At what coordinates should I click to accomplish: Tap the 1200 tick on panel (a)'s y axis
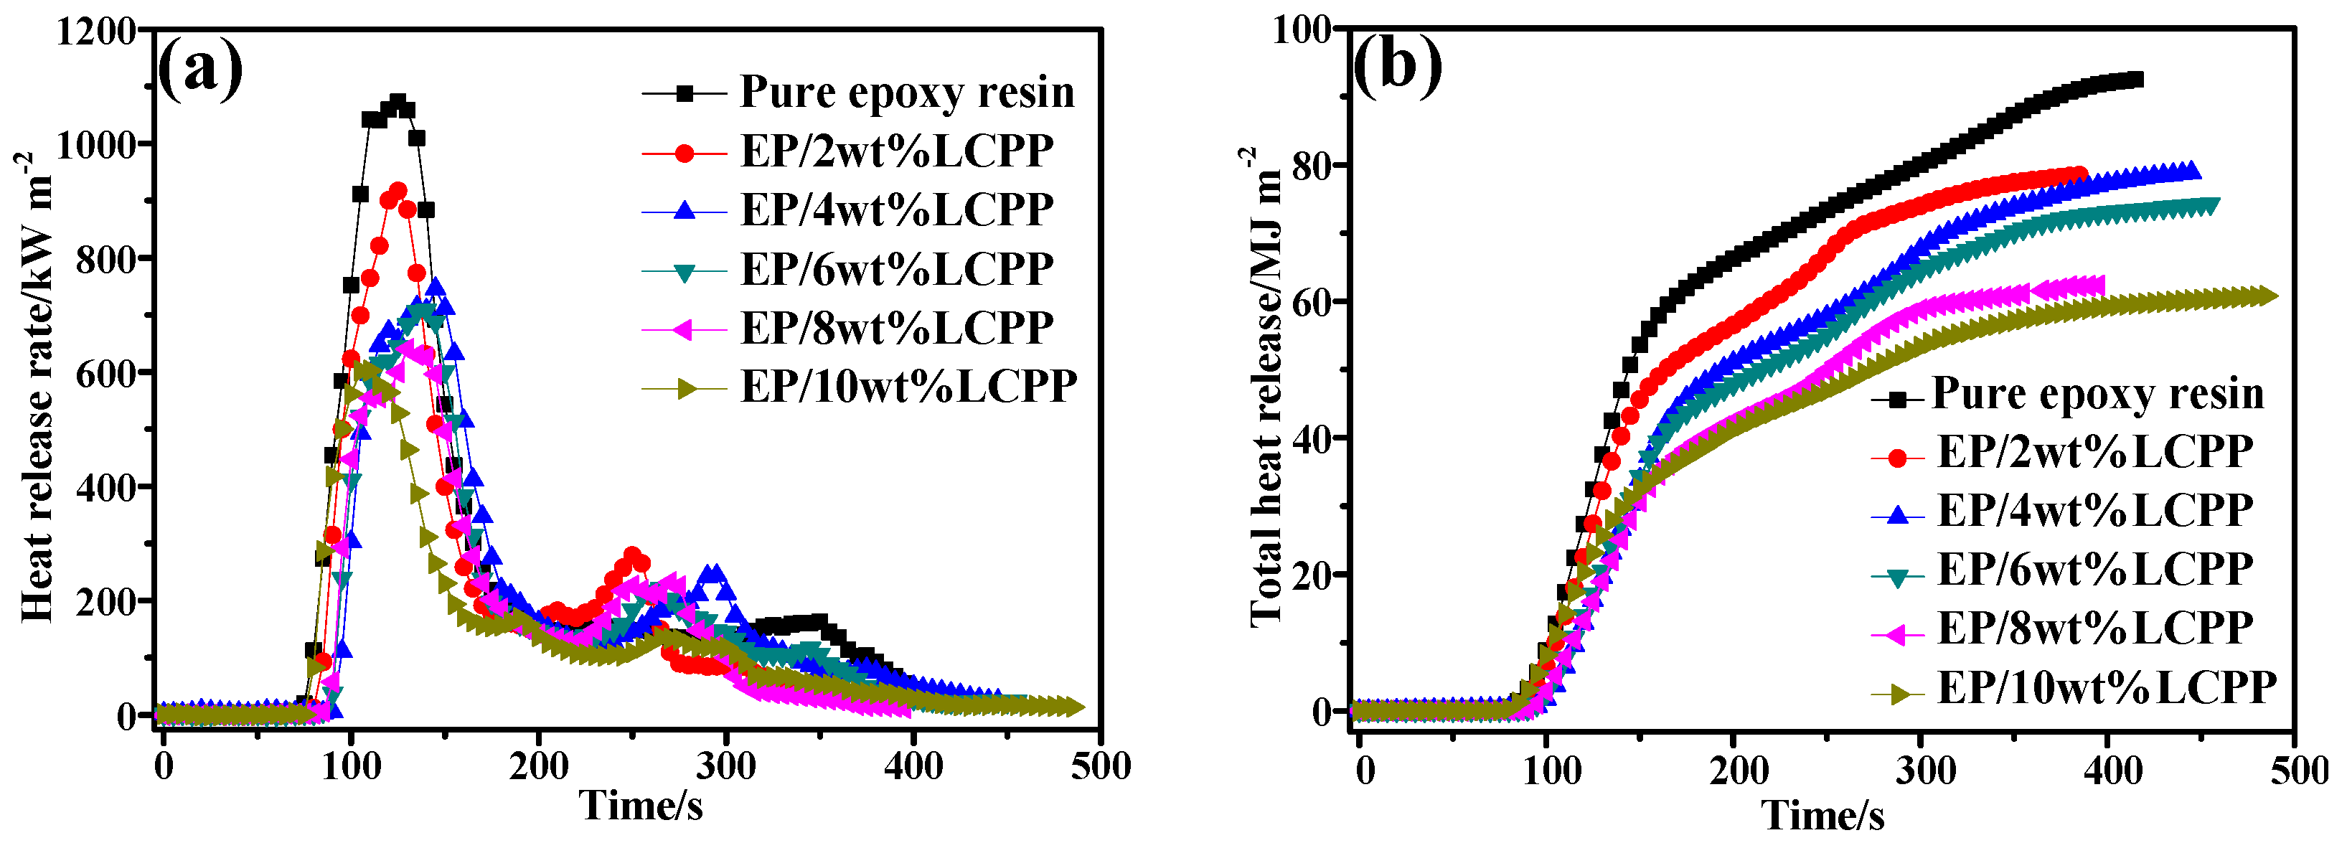pos(95,32)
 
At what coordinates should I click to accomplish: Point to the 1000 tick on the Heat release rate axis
pos(95,145)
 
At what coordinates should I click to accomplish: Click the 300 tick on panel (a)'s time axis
pos(725,766)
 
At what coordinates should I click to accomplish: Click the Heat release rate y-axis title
pos(37,387)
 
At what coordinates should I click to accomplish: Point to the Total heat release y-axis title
pos(1266,387)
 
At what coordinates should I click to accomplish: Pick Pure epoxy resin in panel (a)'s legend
pos(906,92)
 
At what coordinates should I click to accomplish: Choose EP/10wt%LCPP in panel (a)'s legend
pos(908,387)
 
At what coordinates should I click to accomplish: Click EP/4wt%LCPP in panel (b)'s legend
pos(2094,510)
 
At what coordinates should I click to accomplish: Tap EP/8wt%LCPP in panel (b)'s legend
pos(2094,628)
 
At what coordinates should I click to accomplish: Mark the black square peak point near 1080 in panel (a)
pos(398,101)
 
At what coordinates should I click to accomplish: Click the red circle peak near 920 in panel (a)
pos(398,190)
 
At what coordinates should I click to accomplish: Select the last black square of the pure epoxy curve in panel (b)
pos(2135,80)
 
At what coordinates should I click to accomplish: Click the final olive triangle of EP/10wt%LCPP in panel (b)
pos(2268,296)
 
